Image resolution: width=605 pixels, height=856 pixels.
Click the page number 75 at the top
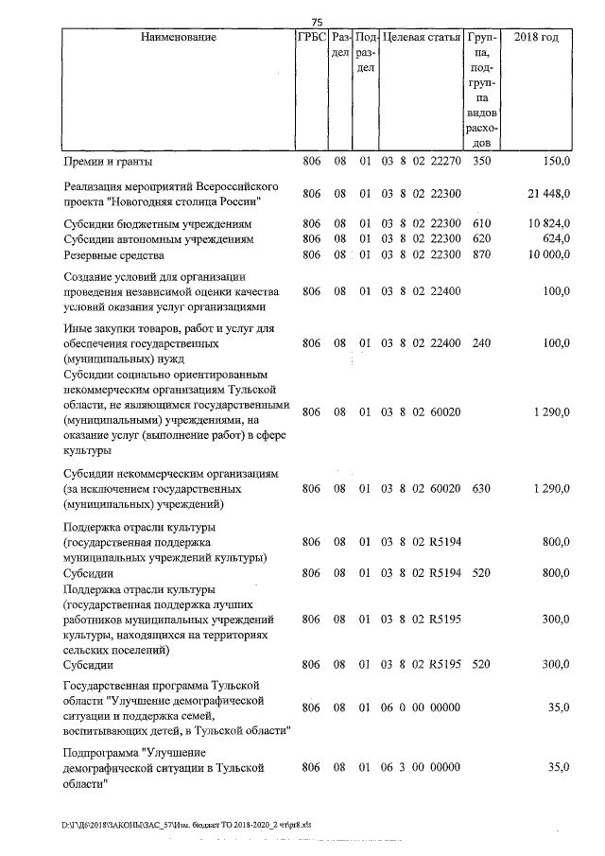coord(317,22)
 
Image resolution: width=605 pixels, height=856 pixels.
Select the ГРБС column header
coord(311,38)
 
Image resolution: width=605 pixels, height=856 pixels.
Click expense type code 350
coord(481,163)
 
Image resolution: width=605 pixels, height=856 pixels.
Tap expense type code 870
coord(481,254)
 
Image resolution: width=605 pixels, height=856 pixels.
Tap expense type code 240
coord(481,343)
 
